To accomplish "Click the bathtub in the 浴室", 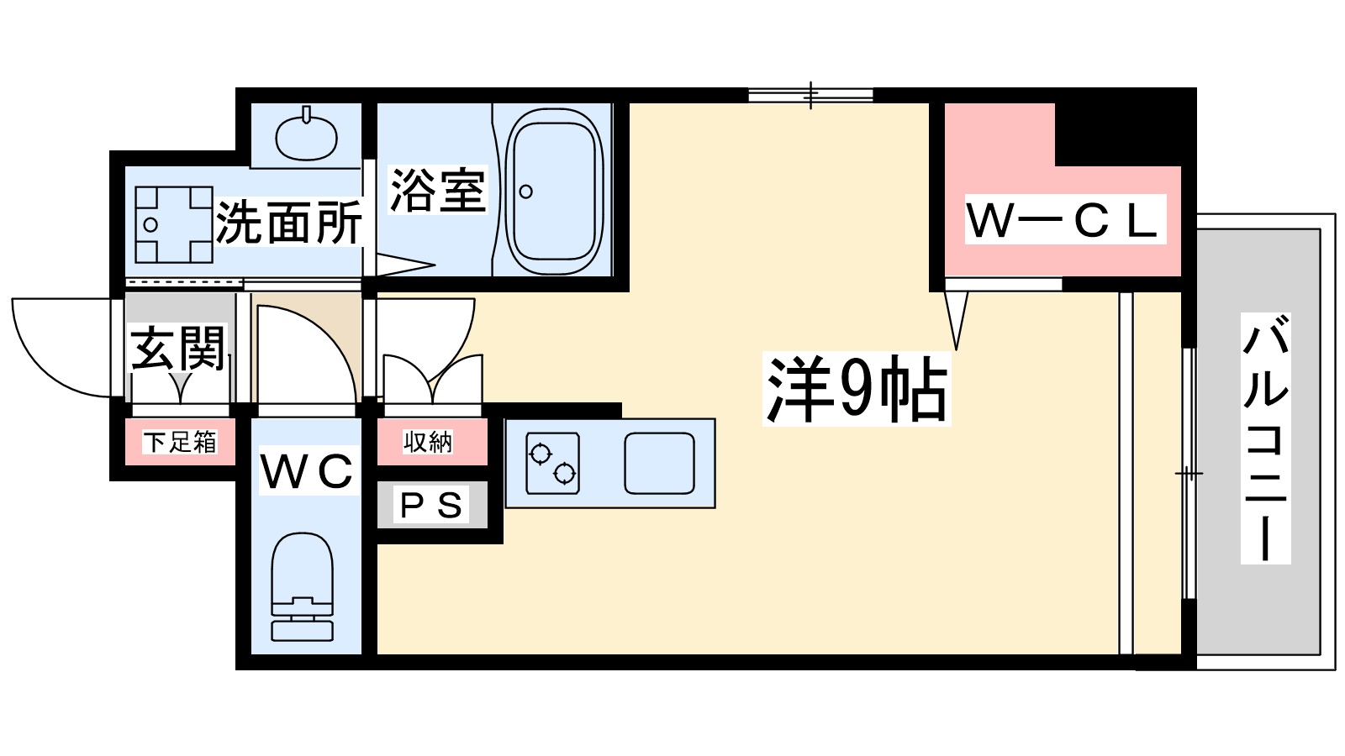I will coord(556,193).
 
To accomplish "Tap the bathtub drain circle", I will coord(526,192).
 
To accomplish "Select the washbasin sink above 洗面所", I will coord(307,136).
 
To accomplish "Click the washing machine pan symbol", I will coord(174,224).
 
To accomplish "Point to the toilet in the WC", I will coord(302,588).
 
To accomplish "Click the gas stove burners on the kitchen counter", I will coord(552,463).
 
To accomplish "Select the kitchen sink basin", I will coord(659,463).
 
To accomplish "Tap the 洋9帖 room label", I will coord(857,390).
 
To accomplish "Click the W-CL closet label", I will coord(1064,220).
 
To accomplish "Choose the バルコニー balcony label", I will coord(1265,438).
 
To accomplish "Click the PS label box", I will coord(432,505).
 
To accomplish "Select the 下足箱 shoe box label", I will coord(180,441).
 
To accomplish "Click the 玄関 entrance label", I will coord(178,348).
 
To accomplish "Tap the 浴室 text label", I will coord(437,190).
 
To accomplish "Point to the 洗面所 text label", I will coord(288,223).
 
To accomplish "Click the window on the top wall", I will coord(810,95).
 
